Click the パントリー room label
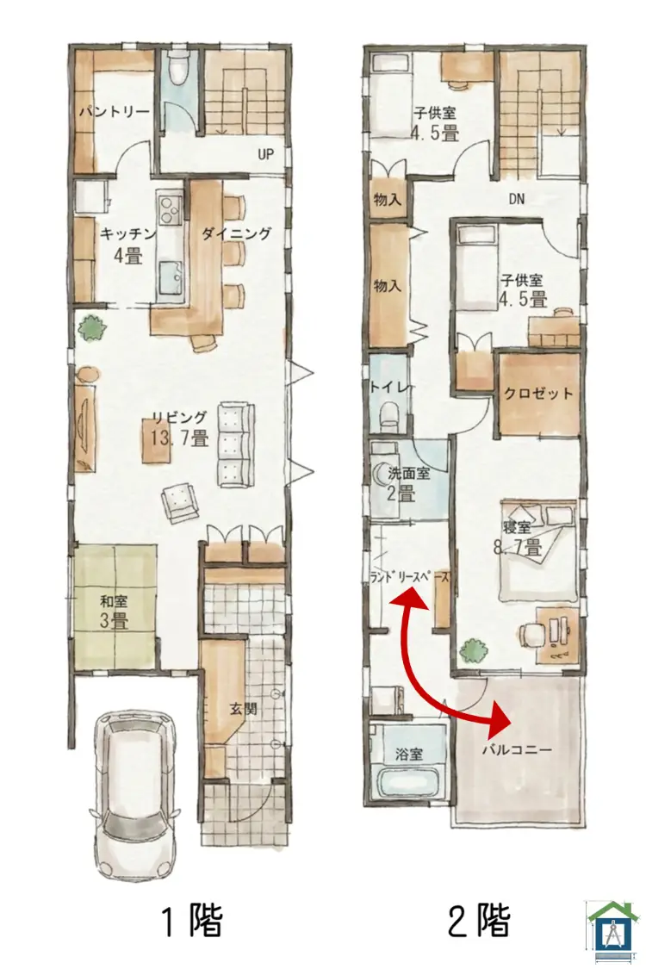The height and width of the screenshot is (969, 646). [x=115, y=112]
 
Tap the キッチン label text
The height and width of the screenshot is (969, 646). [x=127, y=233]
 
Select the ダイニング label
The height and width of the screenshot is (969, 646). [x=237, y=233]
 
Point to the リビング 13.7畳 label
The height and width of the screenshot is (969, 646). [x=178, y=428]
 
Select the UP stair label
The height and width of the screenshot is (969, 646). [x=265, y=155]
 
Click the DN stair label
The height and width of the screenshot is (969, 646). [x=516, y=199]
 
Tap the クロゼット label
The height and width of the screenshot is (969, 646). [x=538, y=394]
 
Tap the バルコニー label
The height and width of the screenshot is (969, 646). [x=517, y=748]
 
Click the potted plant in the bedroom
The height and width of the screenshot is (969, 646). [x=470, y=649]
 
